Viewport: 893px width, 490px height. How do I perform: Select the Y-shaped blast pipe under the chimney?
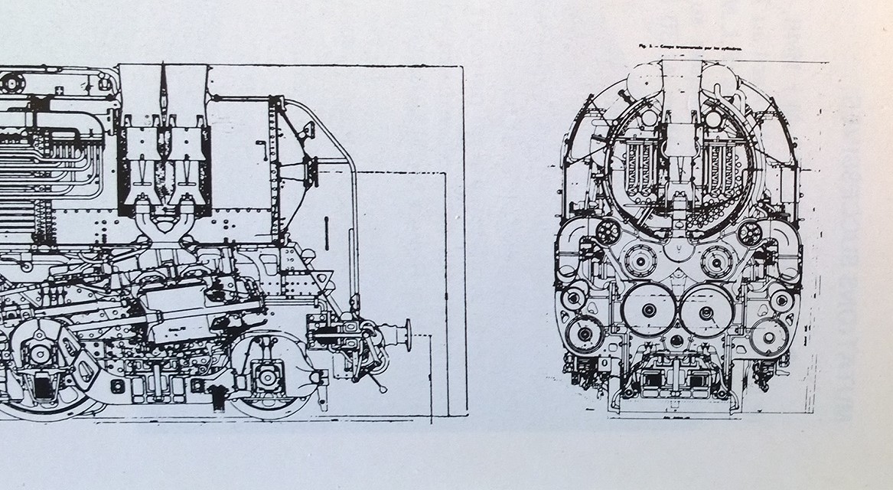[164, 222]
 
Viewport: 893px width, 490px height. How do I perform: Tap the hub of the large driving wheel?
[37, 354]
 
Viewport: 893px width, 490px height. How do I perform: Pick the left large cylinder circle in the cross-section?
[648, 310]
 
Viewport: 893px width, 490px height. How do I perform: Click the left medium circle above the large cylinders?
[638, 260]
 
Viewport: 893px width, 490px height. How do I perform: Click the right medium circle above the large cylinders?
[716, 261]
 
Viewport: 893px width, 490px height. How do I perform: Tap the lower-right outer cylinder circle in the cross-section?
[770, 335]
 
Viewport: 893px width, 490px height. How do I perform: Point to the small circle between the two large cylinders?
[677, 339]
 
